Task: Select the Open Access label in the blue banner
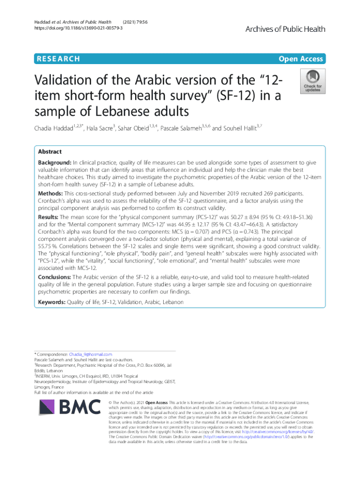[x=301, y=59]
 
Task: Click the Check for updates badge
[x=313, y=81]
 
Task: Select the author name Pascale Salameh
[x=180, y=129]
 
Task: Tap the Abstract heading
[x=50, y=152]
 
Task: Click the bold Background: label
[x=55, y=162]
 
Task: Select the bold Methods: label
[x=50, y=193]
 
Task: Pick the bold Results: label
[x=49, y=218]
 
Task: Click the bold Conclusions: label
[x=55, y=277]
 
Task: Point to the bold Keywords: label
[x=52, y=302]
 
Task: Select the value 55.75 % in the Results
[x=47, y=246]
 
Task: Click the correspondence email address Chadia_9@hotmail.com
[x=90, y=355]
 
